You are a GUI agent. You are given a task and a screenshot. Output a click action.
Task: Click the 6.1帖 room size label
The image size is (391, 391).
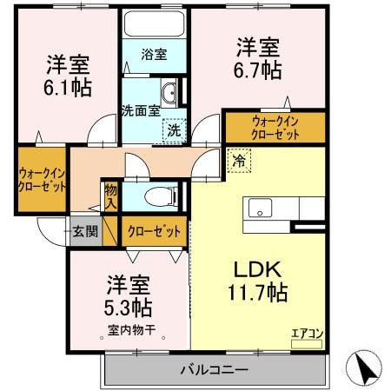(x=70, y=87)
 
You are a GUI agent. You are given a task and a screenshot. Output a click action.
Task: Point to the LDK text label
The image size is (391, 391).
(x=258, y=269)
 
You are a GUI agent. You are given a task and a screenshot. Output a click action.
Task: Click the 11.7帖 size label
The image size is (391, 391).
(x=258, y=293)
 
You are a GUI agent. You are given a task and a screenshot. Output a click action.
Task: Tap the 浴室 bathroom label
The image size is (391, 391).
(x=156, y=55)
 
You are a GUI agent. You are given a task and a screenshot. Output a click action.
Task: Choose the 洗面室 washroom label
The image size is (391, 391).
(x=140, y=111)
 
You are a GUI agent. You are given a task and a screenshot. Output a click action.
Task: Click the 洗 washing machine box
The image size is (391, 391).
(x=174, y=129)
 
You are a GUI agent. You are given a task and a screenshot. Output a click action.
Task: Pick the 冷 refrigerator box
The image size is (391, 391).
(x=238, y=160)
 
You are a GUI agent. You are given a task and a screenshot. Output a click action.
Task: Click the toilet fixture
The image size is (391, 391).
(x=160, y=195)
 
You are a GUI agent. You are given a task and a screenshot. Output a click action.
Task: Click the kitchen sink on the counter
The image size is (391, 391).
(x=262, y=209)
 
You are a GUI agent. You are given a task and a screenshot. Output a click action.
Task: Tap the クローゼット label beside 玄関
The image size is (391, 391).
(x=155, y=231)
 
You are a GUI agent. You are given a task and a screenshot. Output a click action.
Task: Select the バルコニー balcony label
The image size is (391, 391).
(x=215, y=370)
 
